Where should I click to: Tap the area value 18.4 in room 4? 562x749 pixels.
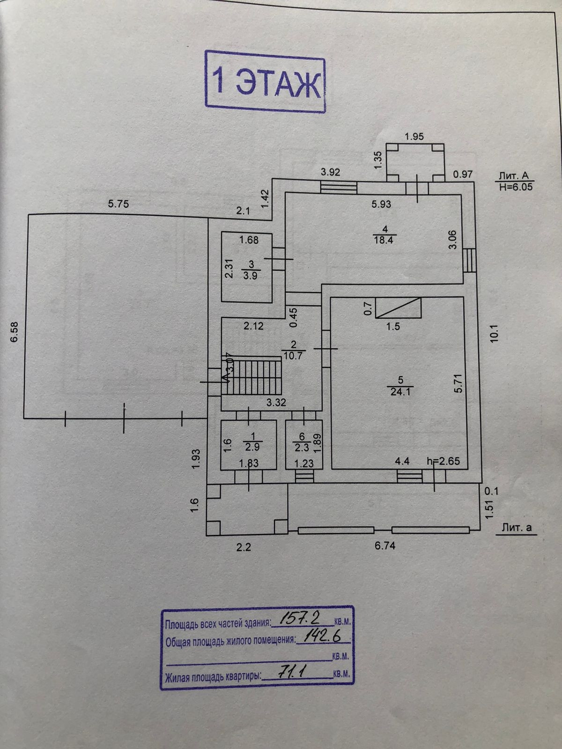384,241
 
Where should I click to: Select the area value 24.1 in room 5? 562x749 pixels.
400,392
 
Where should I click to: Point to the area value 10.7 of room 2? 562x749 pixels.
294,356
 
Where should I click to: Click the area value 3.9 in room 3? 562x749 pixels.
250,275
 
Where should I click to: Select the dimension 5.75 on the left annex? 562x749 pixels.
118,204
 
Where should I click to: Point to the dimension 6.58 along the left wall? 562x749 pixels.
15,331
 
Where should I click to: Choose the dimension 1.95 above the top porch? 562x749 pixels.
414,137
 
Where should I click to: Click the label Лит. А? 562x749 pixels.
514,176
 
